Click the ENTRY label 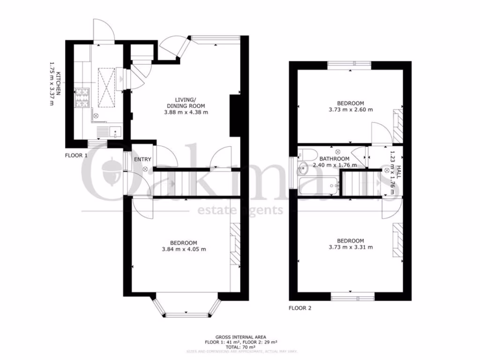(x=142, y=159)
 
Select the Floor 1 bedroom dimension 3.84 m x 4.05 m (x=183, y=249)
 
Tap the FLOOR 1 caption (x=76, y=155)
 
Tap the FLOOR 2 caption (x=300, y=308)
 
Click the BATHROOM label (x=335, y=158)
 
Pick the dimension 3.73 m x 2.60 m (x=350, y=110)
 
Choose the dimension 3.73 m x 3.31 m (x=350, y=247)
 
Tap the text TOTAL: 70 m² (x=240, y=347)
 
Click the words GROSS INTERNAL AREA (x=240, y=337)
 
